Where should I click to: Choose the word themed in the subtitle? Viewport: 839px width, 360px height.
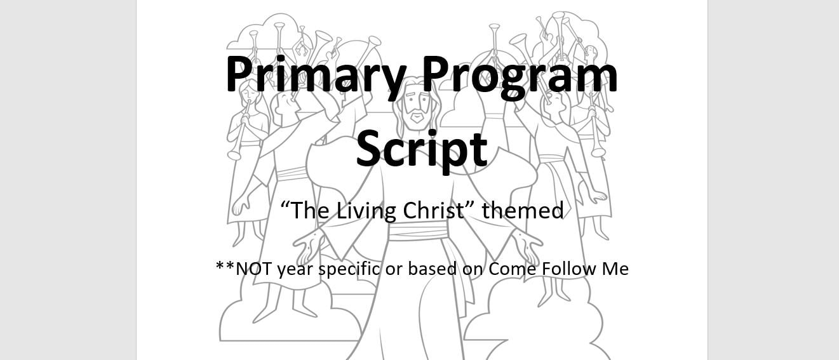pos(523,210)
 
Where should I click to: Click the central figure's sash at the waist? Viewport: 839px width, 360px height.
pos(418,230)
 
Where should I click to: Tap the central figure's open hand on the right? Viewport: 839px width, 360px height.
pos(527,245)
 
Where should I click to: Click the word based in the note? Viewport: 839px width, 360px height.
pos(432,269)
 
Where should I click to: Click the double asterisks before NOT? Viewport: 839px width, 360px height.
pos(225,267)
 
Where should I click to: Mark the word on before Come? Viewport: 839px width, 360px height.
pos(473,270)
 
